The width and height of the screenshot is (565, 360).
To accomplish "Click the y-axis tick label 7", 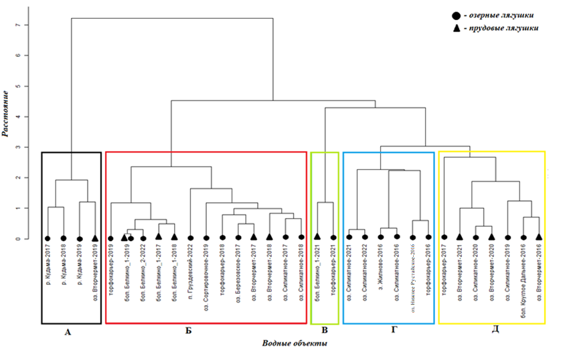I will click(26, 25).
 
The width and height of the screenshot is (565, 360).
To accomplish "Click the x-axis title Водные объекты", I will click(295, 343).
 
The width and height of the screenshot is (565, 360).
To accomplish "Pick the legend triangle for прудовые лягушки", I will click(457, 28).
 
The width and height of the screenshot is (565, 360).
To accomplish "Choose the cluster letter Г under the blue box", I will click(389, 330).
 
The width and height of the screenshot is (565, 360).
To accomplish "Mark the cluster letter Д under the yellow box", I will click(492, 330).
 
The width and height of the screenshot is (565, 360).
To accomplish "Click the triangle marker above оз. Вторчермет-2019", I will click(95, 238).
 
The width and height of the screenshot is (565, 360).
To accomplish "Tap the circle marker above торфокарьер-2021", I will click(333, 237).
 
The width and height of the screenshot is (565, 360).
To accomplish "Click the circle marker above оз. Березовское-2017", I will click(238, 237).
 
